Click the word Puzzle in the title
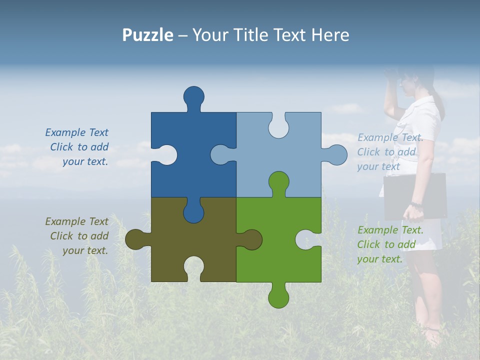tap(148, 35)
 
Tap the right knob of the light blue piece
tap(334, 155)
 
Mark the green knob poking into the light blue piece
tap(278, 183)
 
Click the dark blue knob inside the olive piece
tap(193, 211)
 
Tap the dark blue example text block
tap(78, 147)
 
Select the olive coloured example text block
tap(77, 236)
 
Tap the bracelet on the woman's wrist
tap(415, 204)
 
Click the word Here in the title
tap(330, 35)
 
